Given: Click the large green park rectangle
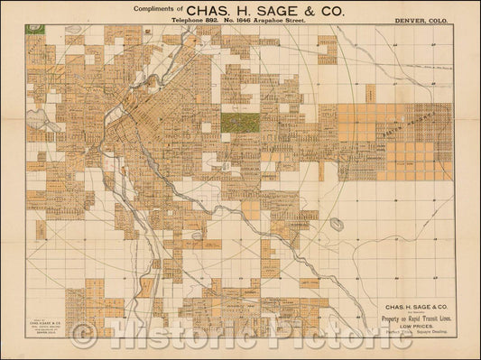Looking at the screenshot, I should (239, 122).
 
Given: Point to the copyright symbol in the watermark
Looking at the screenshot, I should (86, 337).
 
